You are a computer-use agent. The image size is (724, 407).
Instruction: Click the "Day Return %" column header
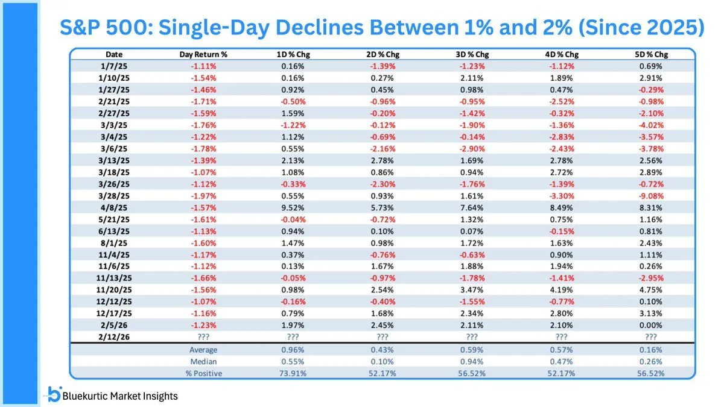[203, 54]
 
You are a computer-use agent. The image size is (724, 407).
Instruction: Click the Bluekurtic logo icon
[54, 394]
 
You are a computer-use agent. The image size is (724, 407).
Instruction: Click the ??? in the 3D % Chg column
[472, 337]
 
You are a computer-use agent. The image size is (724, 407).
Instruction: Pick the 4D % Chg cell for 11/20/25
[562, 291]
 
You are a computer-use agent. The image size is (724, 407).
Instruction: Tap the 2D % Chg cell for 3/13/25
[383, 161]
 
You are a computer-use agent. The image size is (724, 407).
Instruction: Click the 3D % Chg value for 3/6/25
[472, 149]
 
